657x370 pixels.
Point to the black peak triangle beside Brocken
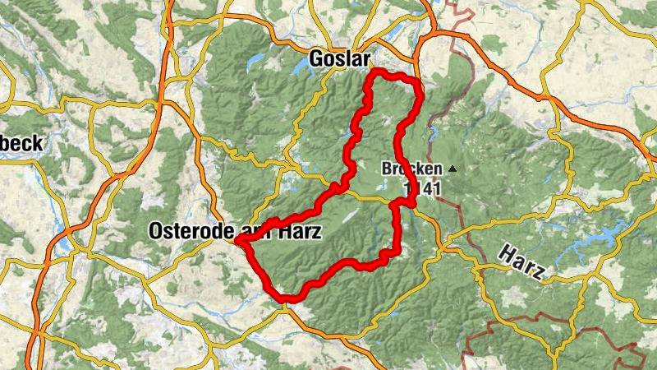click(x=451, y=169)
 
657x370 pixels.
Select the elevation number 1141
click(x=423, y=189)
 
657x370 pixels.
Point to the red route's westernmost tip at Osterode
click(x=237, y=241)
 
